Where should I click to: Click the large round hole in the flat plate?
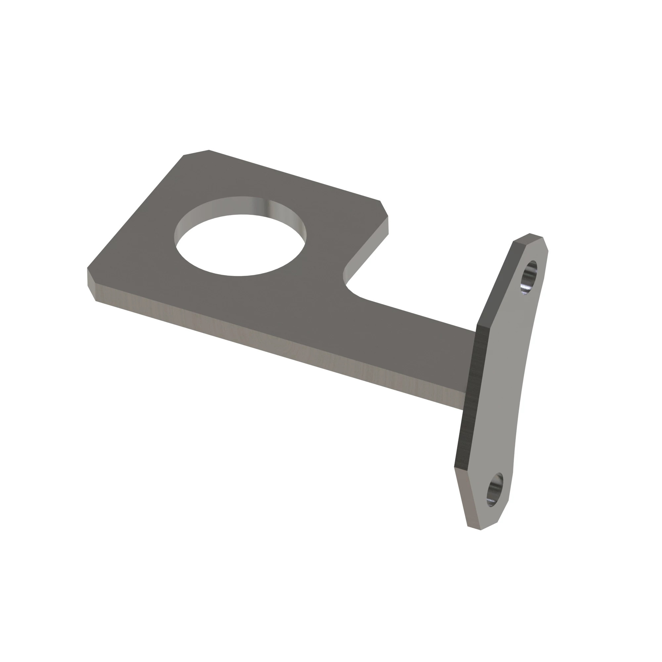point(240,245)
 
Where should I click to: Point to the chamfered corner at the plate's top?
point(196,153)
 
